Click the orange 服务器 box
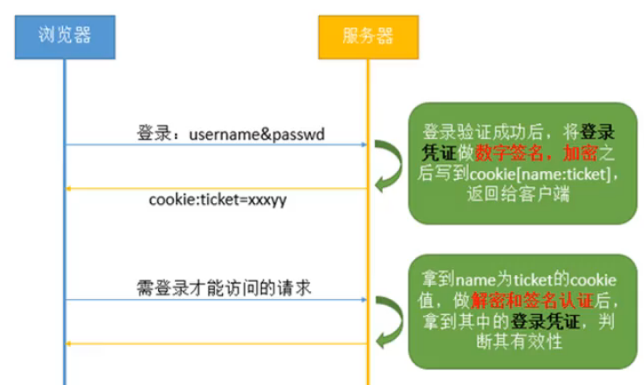tap(368, 36)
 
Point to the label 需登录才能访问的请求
tap(219, 287)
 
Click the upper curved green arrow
tap(386, 167)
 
